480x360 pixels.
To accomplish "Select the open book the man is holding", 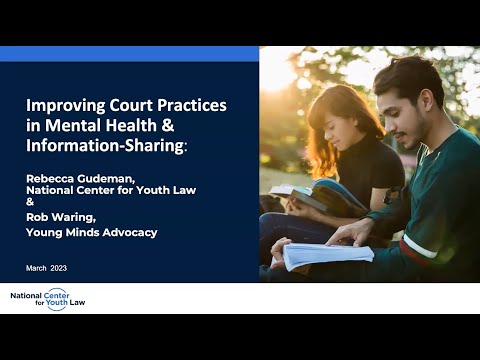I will pyautogui.click(x=326, y=254).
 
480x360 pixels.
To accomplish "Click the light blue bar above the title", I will pyautogui.click(x=129, y=53).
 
